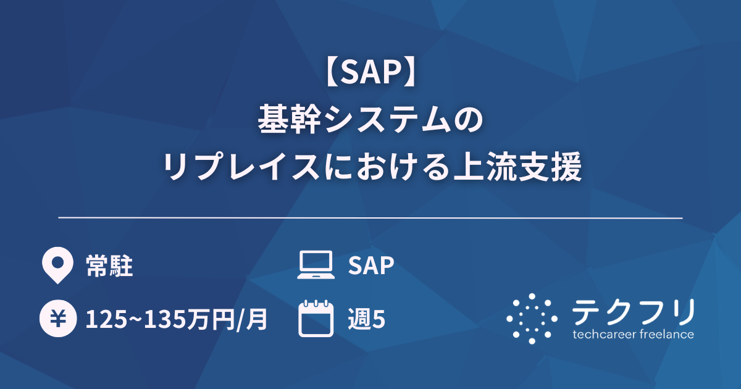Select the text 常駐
pyautogui.click(x=109, y=266)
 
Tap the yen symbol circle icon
pyautogui.click(x=56, y=319)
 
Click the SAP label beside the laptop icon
pyautogui.click(x=371, y=266)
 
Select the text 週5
pyautogui.click(x=366, y=319)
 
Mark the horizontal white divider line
pyautogui.click(x=371, y=218)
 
